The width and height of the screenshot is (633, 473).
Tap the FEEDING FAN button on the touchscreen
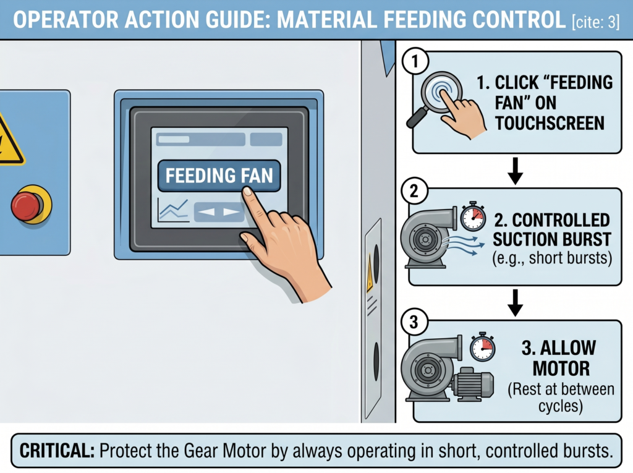coord(219,176)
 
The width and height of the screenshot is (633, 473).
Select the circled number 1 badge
coord(415,62)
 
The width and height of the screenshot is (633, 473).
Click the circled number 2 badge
coord(414,190)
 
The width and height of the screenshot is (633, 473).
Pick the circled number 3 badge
coord(414,322)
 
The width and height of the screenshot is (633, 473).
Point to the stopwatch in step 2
coord(473,216)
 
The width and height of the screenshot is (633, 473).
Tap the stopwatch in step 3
coord(482,347)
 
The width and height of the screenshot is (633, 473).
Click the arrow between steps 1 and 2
coord(515,171)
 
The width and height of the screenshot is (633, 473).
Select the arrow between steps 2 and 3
coord(515,302)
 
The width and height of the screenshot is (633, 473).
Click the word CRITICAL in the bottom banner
coord(57,451)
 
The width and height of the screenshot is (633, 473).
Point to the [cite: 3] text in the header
coord(595,22)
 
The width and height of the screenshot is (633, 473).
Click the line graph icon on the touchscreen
coord(173,210)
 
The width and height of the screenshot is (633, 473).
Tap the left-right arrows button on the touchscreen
coord(219,211)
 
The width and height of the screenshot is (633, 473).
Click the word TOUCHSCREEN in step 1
coord(550,123)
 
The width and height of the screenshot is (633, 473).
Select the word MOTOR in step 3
coord(561,369)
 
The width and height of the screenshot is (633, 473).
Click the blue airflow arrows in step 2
coord(463,245)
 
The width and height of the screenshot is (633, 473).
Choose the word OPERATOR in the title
coord(66,20)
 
